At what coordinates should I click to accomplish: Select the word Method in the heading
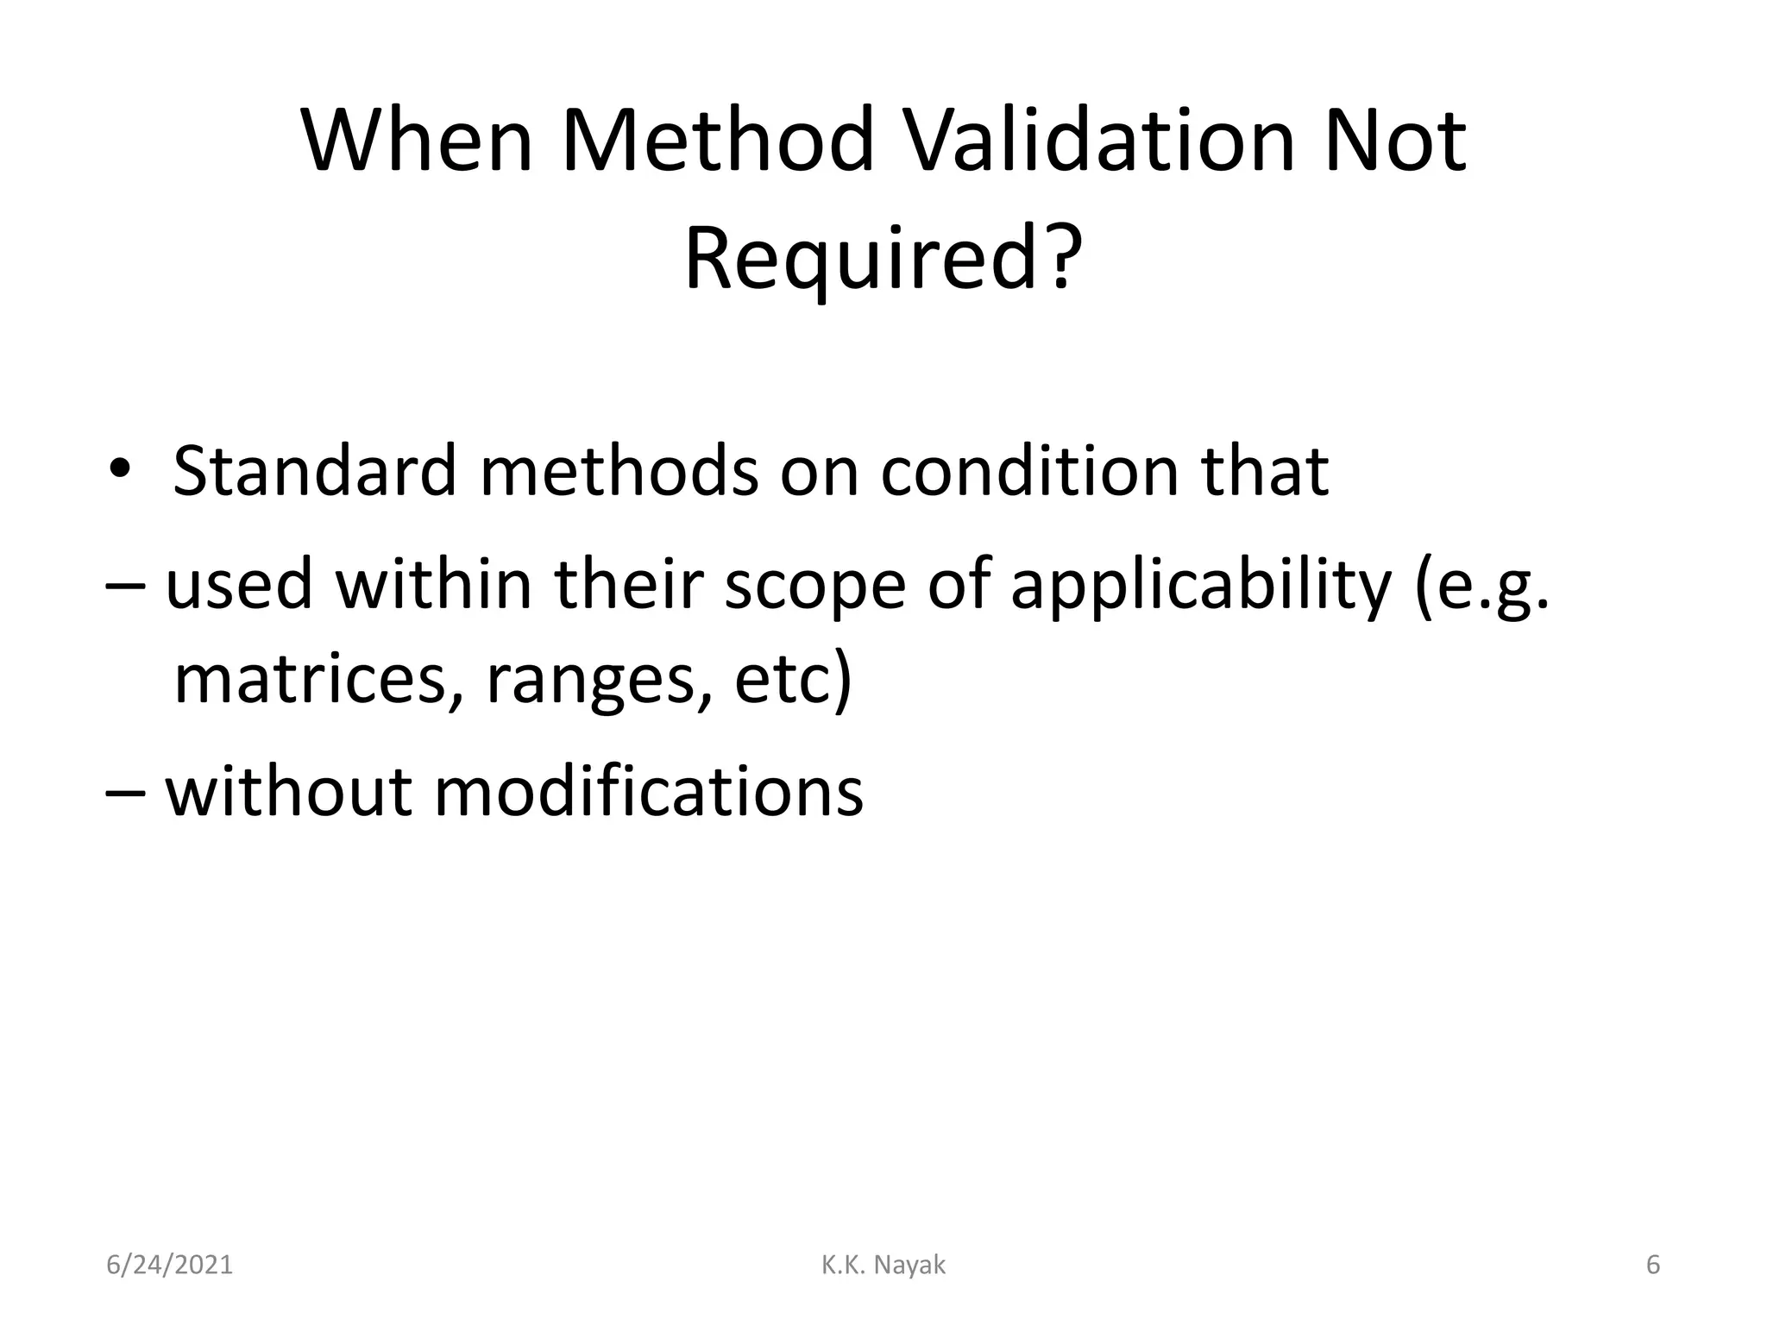719,140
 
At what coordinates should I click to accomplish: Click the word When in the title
418,140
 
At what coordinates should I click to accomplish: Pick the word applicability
1201,585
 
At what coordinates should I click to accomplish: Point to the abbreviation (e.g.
1481,585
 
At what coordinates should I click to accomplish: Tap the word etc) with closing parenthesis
792,680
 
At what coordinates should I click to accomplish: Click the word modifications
648,792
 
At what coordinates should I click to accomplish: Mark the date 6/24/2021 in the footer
169,1265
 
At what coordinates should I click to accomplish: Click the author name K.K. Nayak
883,1265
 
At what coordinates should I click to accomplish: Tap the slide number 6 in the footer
1652,1265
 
